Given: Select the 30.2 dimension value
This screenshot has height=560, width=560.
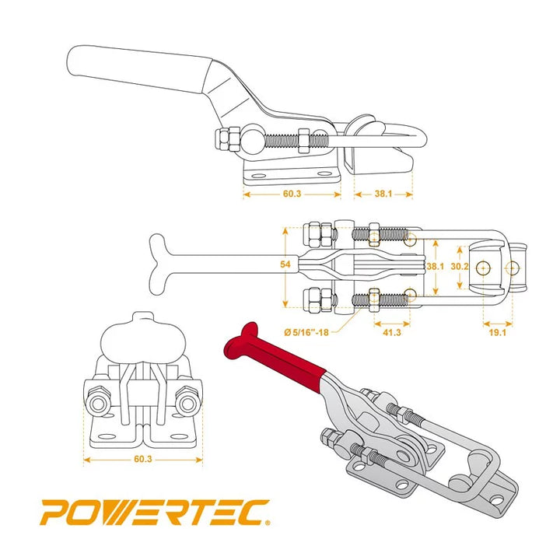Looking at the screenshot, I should (x=460, y=266).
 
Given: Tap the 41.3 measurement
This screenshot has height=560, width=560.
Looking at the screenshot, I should (x=392, y=332).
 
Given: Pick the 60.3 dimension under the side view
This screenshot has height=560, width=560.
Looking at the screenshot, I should (x=292, y=194).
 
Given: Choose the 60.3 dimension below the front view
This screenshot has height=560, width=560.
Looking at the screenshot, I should (x=142, y=460).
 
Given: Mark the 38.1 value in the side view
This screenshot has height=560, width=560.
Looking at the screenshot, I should (x=383, y=194).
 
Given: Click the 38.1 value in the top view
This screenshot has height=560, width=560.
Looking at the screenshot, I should (x=435, y=266).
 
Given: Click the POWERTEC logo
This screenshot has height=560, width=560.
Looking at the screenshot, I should (x=155, y=513).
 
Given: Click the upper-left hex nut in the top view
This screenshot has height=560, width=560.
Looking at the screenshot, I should (x=315, y=231).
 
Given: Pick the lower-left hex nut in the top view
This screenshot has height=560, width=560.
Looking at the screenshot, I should (x=315, y=297).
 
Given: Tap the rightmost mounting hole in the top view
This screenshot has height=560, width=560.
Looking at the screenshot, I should (x=512, y=267).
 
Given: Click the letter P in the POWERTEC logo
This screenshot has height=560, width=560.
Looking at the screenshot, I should (x=56, y=513).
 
